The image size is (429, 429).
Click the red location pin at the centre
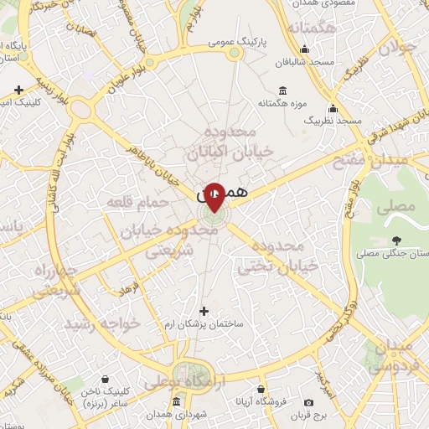coord(214,196)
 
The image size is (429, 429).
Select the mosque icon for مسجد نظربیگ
coord(333,109)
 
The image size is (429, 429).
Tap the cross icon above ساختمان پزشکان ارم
coord(203,311)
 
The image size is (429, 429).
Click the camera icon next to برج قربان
coord(309,403)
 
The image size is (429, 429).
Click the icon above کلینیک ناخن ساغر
coord(105,379)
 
